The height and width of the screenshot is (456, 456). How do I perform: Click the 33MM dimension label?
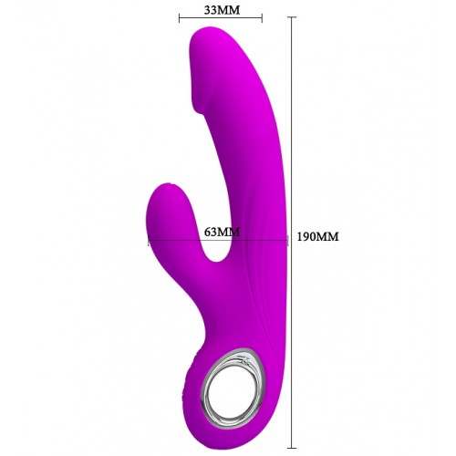coord(222,10)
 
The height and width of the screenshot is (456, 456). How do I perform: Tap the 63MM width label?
coord(222,232)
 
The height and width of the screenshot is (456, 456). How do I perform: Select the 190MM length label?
coord(317,236)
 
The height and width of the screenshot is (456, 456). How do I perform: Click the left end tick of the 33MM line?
coord(180,18)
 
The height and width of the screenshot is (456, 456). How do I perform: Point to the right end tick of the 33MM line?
coord(262,18)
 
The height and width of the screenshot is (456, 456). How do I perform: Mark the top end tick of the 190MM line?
coord(292,17)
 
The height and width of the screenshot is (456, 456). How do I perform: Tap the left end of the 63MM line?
coord(149,242)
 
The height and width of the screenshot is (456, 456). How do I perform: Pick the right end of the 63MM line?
coord(287,241)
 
